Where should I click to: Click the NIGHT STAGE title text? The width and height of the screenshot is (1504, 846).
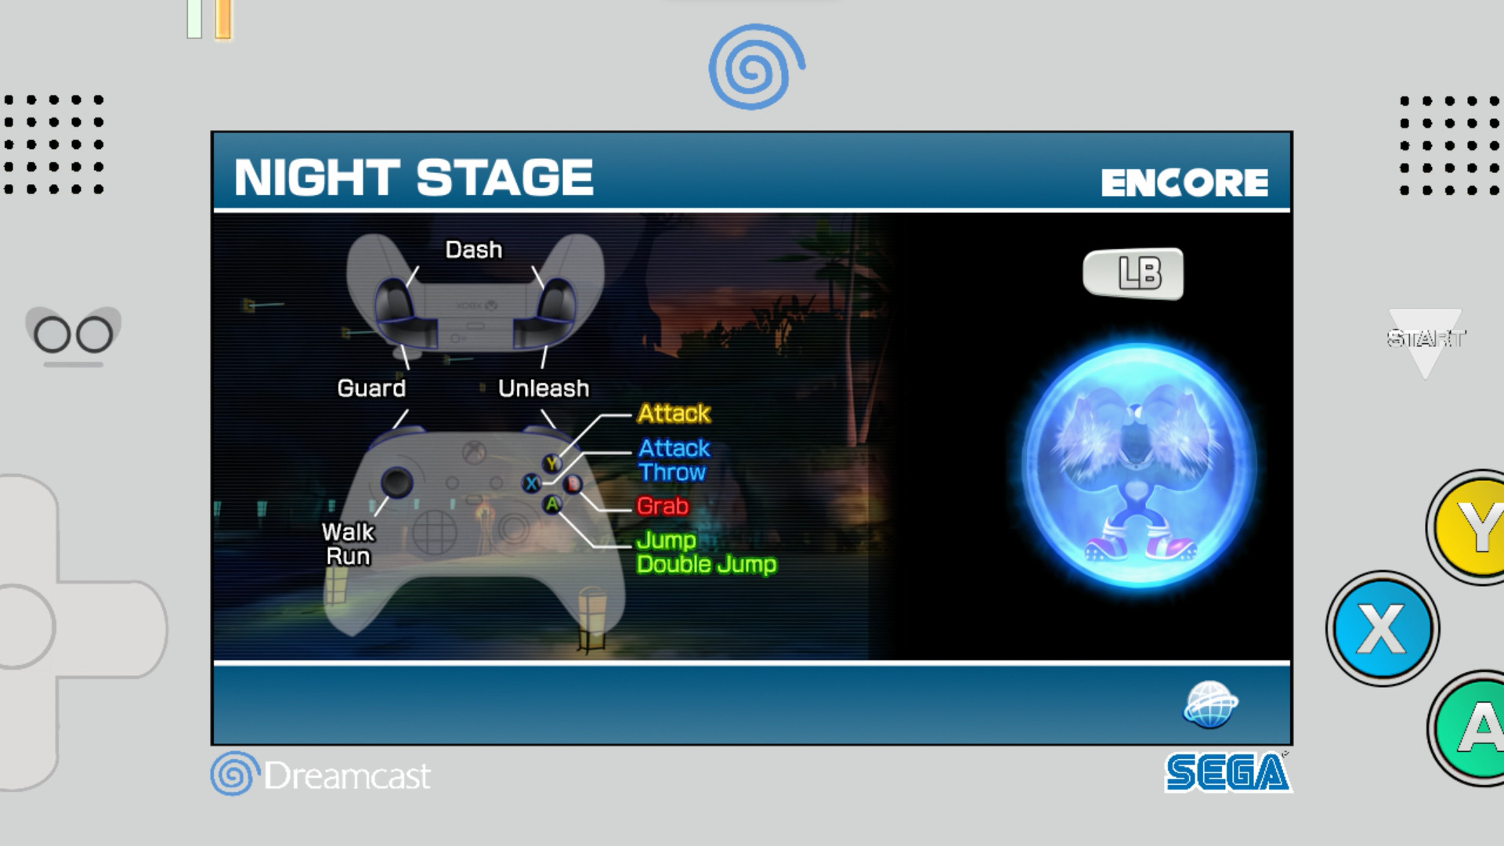tap(414, 177)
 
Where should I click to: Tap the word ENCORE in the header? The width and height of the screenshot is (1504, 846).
tap(1184, 183)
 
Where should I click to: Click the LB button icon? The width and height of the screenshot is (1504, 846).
tap(1133, 273)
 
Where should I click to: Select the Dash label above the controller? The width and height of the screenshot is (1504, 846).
tap(473, 250)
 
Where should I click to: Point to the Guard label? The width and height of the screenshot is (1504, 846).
tap(371, 389)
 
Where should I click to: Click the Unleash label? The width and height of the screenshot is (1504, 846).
tap(544, 389)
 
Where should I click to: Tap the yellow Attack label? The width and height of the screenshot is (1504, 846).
tap(674, 414)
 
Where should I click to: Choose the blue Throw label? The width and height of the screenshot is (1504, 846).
tap(672, 472)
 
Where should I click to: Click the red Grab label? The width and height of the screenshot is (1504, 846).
tap(663, 507)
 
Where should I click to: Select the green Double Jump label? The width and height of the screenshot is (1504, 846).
tap(707, 565)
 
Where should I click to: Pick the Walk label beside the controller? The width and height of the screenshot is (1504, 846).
tap(348, 533)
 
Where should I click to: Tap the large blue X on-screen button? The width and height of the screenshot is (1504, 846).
tap(1382, 628)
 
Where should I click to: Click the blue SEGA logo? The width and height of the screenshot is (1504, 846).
tap(1227, 772)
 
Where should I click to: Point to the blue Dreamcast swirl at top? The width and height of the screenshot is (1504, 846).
tap(755, 67)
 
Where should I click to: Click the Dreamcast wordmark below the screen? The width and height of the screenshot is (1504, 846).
tap(346, 775)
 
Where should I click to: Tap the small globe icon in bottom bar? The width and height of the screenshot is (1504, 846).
tap(1210, 704)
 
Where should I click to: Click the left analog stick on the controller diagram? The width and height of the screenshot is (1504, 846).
tap(396, 482)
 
